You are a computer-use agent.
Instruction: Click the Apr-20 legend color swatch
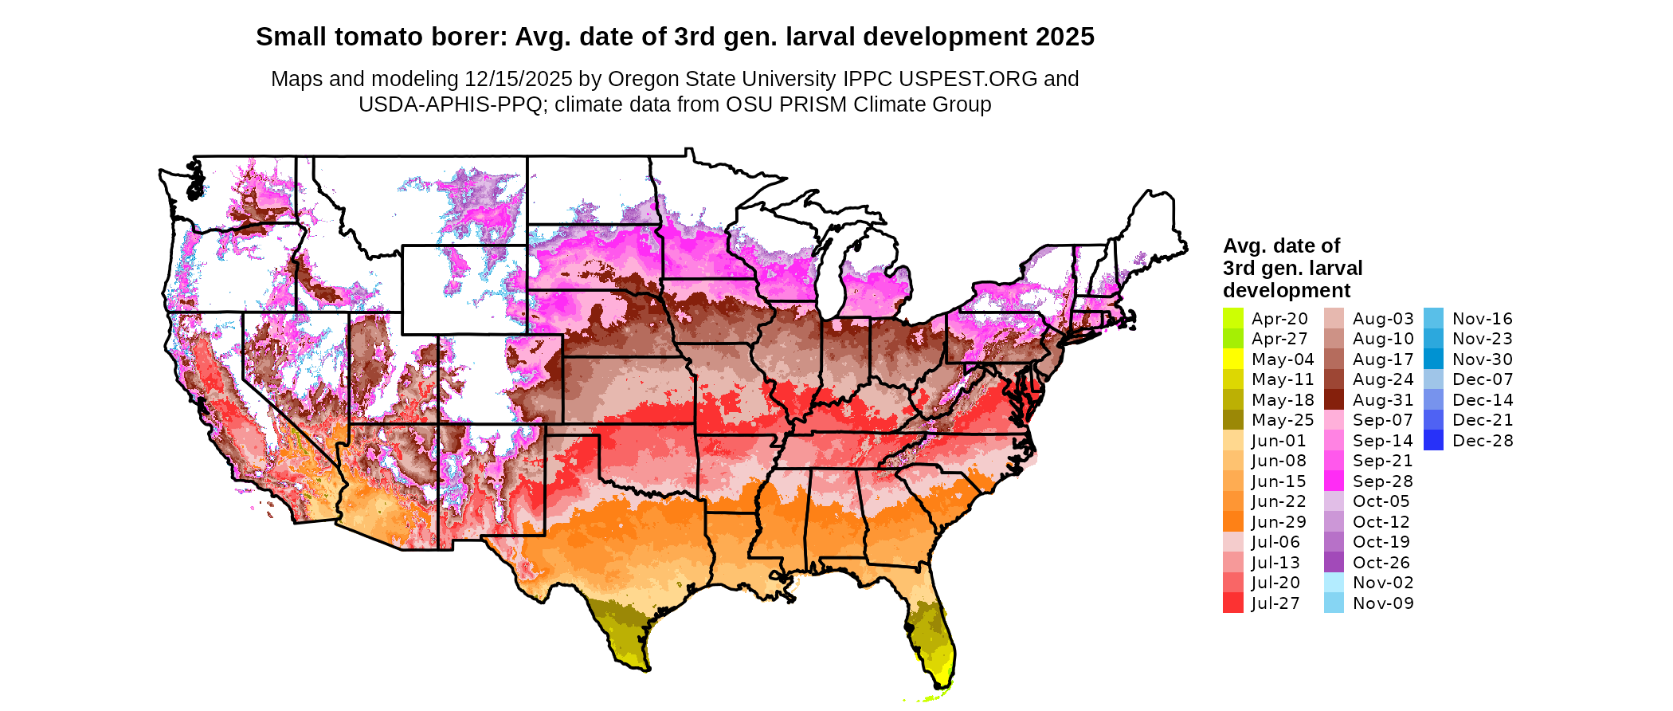[x=1232, y=319]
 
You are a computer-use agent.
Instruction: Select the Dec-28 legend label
[x=1483, y=441]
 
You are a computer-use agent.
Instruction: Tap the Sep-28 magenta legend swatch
[x=1334, y=481]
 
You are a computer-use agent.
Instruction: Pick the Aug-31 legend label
[x=1383, y=400]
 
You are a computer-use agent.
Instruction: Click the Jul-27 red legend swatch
[x=1232, y=603]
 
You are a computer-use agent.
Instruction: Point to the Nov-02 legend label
[x=1383, y=583]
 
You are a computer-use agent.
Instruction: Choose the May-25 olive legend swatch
[x=1232, y=420]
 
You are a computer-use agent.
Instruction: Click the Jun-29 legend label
[x=1279, y=522]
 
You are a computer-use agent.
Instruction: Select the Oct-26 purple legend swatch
[x=1334, y=563]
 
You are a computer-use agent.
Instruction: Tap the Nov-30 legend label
[x=1483, y=359]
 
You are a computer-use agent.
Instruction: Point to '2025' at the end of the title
[x=1065, y=37]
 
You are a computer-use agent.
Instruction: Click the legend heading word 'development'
[x=1287, y=290]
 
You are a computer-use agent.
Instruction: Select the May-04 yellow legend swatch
[x=1232, y=359]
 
